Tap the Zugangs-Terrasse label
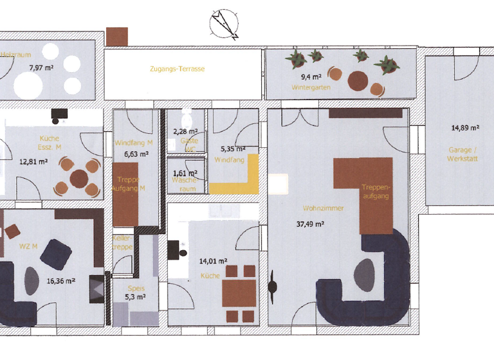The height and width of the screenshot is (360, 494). (x=177, y=69)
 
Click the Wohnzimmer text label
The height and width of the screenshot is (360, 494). (x=323, y=208)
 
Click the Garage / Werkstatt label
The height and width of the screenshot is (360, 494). (x=459, y=154)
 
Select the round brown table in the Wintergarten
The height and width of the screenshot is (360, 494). (x=359, y=81)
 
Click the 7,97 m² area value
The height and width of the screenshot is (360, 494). (x=41, y=66)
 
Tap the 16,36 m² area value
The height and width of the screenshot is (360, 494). (x=61, y=281)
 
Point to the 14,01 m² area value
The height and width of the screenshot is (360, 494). (x=214, y=261)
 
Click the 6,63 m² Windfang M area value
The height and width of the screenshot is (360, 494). (x=135, y=154)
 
